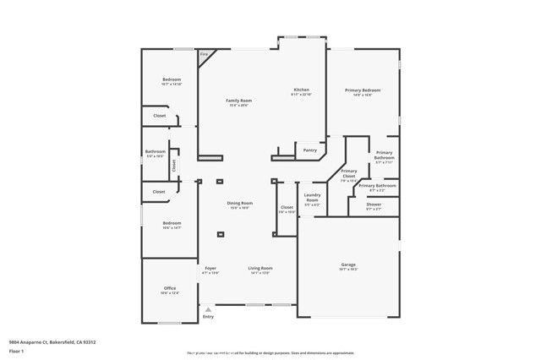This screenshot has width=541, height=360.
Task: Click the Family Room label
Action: click(x=238, y=101)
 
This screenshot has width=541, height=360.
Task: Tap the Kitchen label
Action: click(x=301, y=90)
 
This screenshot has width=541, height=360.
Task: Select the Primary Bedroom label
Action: click(x=363, y=90)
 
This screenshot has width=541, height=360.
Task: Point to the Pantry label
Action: click(x=309, y=150)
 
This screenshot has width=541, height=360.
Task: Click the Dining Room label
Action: click(x=239, y=203)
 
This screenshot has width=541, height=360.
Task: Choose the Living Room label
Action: click(x=260, y=269)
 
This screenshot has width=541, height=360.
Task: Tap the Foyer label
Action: click(x=210, y=269)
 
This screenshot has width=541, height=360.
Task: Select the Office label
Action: click(x=170, y=289)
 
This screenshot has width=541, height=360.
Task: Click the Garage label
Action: click(x=347, y=265)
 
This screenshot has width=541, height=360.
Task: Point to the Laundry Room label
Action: click(x=312, y=197)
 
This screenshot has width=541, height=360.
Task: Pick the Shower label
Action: click(x=373, y=205)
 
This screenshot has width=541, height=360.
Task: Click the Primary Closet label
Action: click(x=348, y=173)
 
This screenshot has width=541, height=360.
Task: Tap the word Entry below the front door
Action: click(x=208, y=317)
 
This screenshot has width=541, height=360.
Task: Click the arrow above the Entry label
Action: click(x=204, y=309)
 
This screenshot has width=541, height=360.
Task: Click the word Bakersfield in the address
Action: click(x=57, y=341)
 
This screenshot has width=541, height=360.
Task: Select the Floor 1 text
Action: click(x=16, y=350)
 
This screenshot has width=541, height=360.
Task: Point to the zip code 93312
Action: click(x=89, y=341)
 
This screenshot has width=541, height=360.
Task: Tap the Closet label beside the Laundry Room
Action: click(x=287, y=207)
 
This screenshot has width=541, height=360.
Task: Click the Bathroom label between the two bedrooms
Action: click(x=155, y=151)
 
